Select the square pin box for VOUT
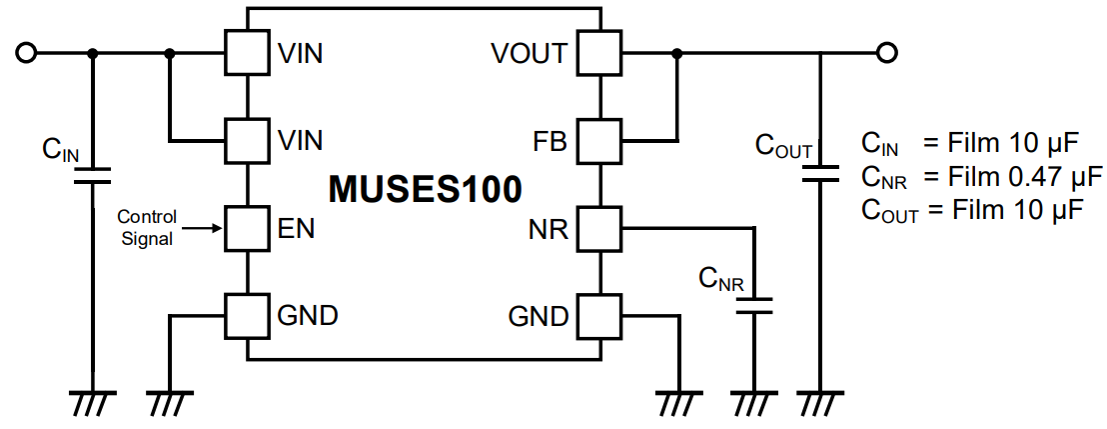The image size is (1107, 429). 599,53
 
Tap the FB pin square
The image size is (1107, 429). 599,142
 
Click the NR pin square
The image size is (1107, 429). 599,229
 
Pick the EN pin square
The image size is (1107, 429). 247,229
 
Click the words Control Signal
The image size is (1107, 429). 147,228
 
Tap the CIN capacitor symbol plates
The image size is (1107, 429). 93,176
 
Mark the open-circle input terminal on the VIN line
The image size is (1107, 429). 27,53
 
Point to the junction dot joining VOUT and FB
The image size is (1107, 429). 677,53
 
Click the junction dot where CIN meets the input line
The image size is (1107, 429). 93,53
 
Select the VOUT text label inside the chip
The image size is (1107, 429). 530,53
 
